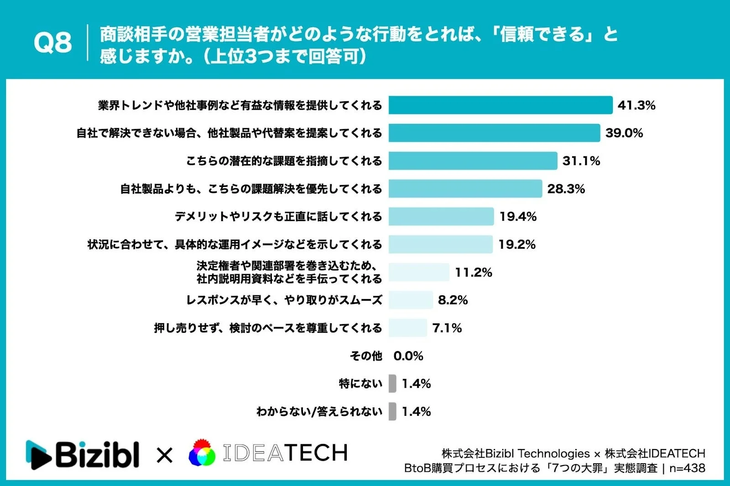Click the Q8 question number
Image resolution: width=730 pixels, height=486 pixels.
(52, 43)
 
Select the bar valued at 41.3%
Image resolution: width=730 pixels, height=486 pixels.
(500, 105)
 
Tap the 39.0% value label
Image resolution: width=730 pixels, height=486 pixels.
(624, 133)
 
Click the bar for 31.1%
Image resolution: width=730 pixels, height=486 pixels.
(473, 161)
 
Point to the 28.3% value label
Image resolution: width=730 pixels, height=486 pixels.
(566, 189)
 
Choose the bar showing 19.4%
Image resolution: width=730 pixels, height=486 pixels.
(441, 217)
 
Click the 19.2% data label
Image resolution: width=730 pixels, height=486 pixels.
(516, 244)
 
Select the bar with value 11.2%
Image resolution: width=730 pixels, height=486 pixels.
(419, 272)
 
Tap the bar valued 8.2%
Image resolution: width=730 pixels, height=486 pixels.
(411, 300)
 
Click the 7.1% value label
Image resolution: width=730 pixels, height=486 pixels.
(447, 328)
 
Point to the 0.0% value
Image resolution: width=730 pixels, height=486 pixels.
(408, 356)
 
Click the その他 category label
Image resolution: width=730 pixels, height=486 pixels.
(365, 356)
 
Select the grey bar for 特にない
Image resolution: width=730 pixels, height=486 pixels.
(392, 383)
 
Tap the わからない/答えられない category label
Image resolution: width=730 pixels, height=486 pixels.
(319, 411)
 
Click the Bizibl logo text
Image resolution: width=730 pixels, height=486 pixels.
(97, 454)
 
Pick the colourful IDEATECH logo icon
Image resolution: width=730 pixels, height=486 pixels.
(202, 453)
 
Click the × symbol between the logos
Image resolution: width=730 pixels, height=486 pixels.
(164, 455)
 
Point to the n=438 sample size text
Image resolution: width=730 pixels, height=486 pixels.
(687, 468)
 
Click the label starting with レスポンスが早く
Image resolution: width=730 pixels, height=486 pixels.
(284, 300)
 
